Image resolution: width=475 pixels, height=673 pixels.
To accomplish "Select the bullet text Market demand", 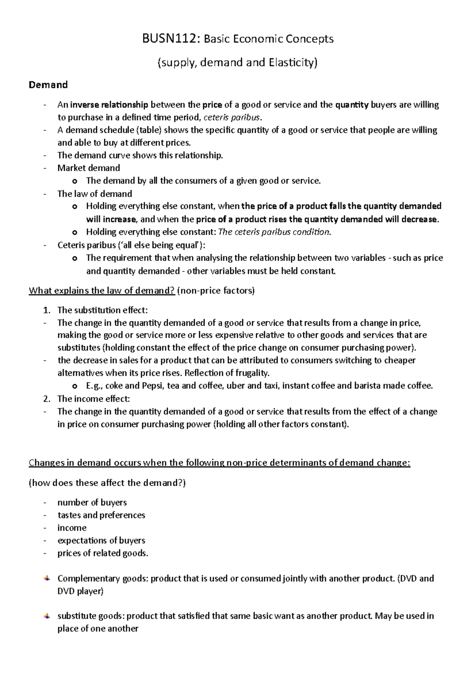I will click(x=89, y=168).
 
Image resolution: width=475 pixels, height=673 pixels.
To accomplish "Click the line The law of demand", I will click(x=95, y=194).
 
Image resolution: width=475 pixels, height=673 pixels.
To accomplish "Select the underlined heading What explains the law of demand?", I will click(x=102, y=291).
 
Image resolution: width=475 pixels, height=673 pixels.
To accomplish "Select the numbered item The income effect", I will click(x=93, y=399).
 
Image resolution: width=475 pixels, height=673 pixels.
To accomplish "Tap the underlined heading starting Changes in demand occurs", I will click(x=220, y=463).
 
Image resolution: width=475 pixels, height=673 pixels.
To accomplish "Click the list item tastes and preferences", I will click(x=101, y=515).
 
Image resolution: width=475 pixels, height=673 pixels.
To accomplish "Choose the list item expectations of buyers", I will click(x=101, y=541).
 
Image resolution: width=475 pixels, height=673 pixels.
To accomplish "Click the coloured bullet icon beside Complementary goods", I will click(x=47, y=578).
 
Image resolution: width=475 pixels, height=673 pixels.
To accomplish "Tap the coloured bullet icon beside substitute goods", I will click(x=47, y=616).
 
